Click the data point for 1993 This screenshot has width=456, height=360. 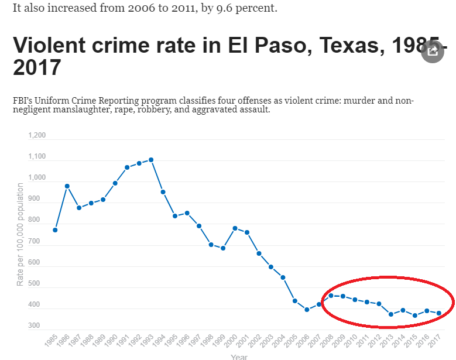pos(151,160)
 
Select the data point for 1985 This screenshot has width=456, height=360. pos(55,230)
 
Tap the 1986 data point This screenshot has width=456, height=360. pos(67,186)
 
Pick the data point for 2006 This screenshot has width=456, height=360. pos(307,310)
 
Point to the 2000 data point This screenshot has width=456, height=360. pos(235,228)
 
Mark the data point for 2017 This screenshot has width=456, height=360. pos(439,313)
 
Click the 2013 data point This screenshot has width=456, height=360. pos(391,314)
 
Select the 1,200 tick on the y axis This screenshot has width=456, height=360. pos(36,136)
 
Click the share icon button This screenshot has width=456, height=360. pos(433,52)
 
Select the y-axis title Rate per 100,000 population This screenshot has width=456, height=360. pos(20,234)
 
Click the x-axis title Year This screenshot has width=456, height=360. pos(239,356)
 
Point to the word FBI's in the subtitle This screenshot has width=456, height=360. pos(25,101)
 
